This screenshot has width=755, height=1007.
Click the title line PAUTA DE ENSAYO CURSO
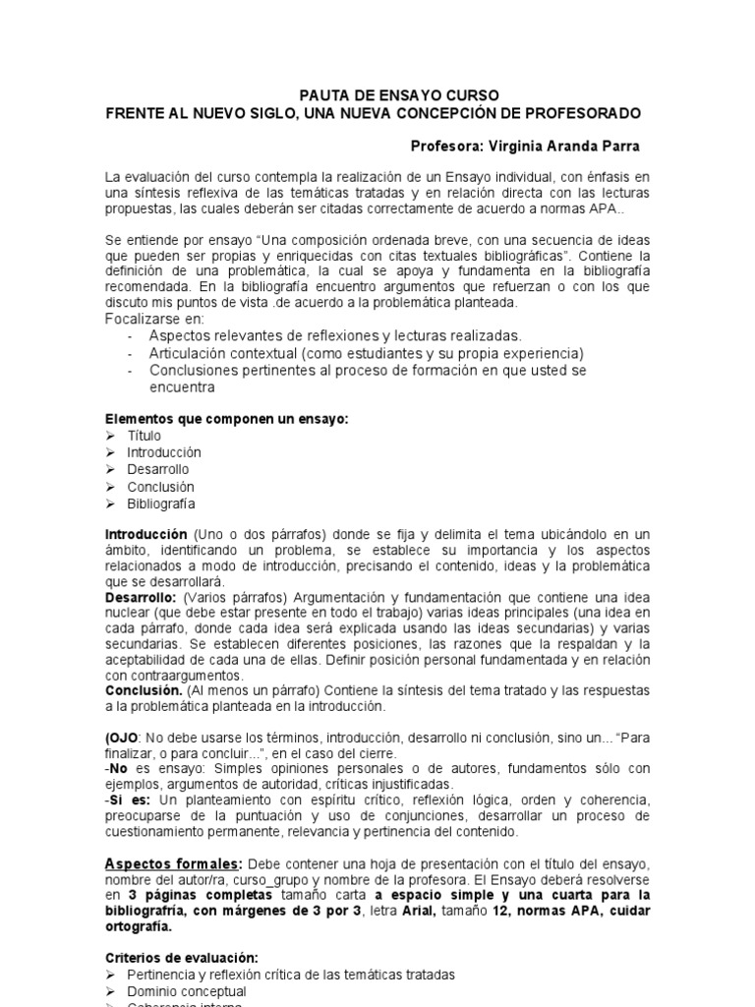pyautogui.click(x=399, y=95)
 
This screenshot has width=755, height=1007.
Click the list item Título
pyautogui.click(x=144, y=436)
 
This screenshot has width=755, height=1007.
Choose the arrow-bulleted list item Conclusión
pyautogui.click(x=160, y=487)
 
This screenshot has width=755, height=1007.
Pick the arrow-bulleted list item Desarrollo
pyautogui.click(x=157, y=470)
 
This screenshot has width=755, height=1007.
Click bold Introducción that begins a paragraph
pyautogui.click(x=145, y=533)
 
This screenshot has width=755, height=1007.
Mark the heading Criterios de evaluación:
pyautogui.click(x=182, y=957)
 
